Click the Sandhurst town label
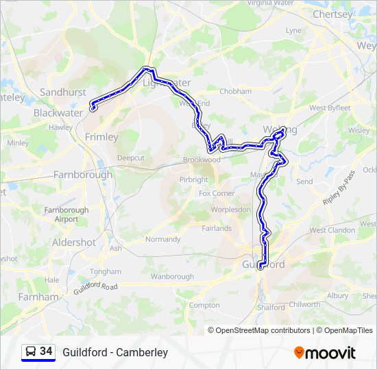[x=62, y=92]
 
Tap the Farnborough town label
[x=83, y=175]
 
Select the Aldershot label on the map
[x=74, y=243]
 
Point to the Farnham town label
[x=38, y=297]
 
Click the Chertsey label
[x=332, y=14]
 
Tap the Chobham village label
[x=236, y=91]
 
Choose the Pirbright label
[x=193, y=180]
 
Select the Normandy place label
[x=162, y=239]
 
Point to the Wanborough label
[x=172, y=277]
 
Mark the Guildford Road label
[x=97, y=288]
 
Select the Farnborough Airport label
[x=66, y=214]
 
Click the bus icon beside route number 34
[x=31, y=351]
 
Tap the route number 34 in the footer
[x=46, y=351]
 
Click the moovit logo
[x=325, y=353]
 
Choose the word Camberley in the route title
[x=142, y=352]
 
